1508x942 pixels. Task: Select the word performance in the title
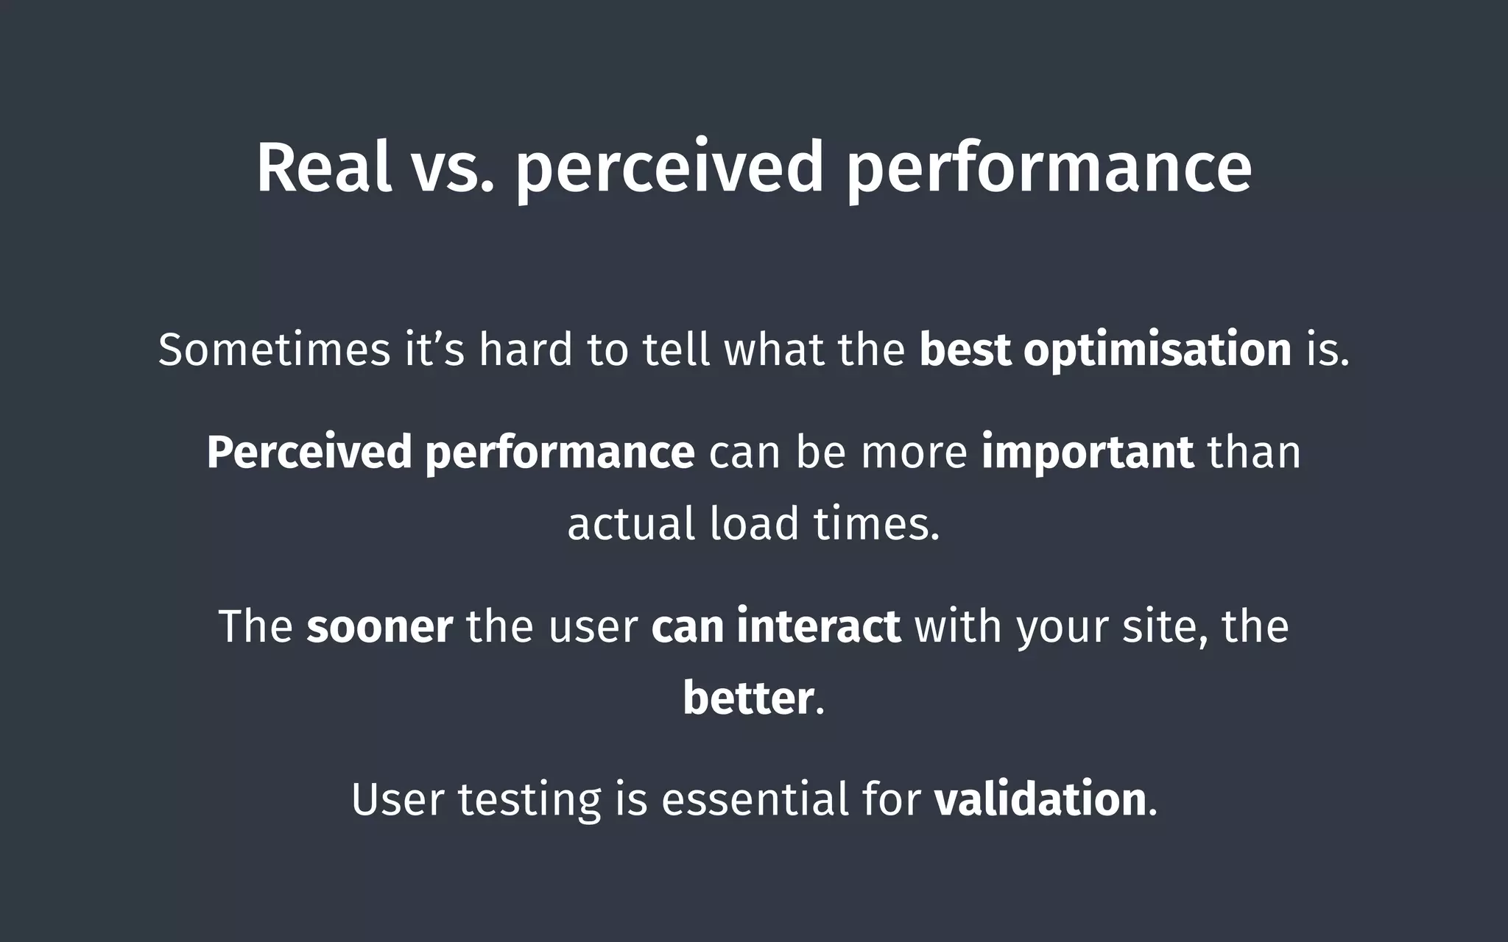pyautogui.click(x=1049, y=169)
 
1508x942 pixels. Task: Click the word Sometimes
pyautogui.click(x=274, y=349)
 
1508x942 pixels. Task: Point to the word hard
pyautogui.click(x=526, y=349)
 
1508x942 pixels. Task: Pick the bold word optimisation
pyautogui.click(x=1158, y=350)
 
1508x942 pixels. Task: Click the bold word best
pyautogui.click(x=965, y=349)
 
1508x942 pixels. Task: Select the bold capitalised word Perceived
pyautogui.click(x=309, y=452)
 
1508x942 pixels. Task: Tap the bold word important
pyautogui.click(x=1087, y=452)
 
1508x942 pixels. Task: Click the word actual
pyautogui.click(x=631, y=524)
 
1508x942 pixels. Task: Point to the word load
pyautogui.click(x=754, y=524)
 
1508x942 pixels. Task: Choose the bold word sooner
pyautogui.click(x=379, y=626)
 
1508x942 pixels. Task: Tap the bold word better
pyautogui.click(x=748, y=698)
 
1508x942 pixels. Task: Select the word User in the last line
pyautogui.click(x=398, y=799)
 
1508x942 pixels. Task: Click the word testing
pyautogui.click(x=529, y=801)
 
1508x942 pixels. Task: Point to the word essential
pyautogui.click(x=755, y=799)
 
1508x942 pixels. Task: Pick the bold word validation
pyautogui.click(x=1040, y=799)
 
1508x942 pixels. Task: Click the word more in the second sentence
pyautogui.click(x=914, y=452)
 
